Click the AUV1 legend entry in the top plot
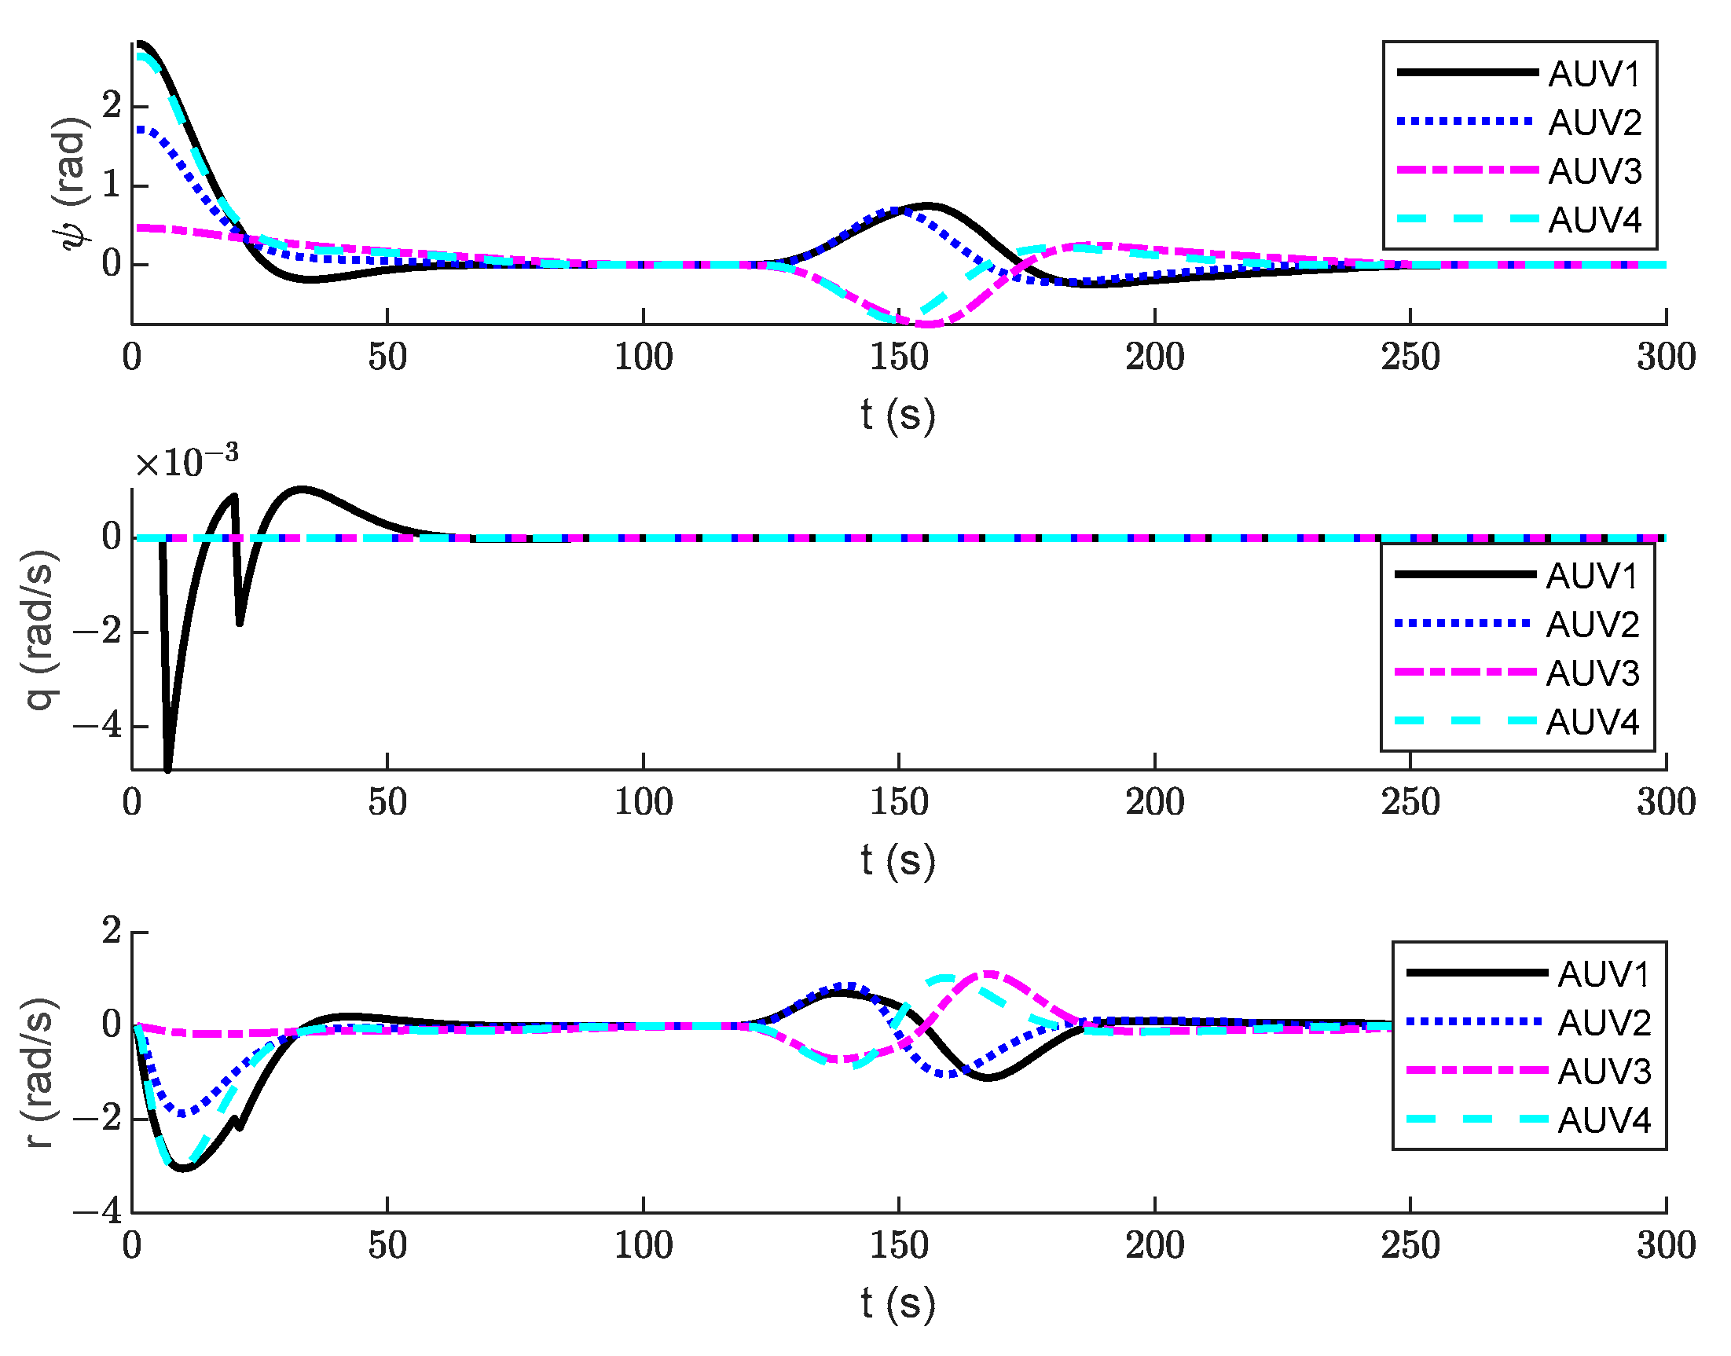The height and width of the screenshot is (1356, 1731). coord(1593,74)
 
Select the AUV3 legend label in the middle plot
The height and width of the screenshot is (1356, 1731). coord(1592,673)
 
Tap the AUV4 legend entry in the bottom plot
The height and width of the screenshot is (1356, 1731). coord(1603,1120)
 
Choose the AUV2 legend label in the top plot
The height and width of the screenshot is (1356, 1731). coord(1593,123)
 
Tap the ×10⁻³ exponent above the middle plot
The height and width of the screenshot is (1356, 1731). coord(185,461)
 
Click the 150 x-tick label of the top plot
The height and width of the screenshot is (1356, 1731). coord(899,357)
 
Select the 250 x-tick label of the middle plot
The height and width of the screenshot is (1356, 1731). coord(1410,803)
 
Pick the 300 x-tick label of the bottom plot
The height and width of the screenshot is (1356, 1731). coord(1665,1246)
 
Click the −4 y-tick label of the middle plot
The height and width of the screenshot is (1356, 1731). coord(97,726)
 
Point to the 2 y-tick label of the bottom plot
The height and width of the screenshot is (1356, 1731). coord(111,930)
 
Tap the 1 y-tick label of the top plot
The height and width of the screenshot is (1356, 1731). coord(111,185)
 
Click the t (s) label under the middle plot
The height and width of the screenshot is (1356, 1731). coord(898,859)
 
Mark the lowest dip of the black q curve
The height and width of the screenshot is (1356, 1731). coord(167,768)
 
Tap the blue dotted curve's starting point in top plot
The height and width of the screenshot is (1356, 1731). coord(137,129)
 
